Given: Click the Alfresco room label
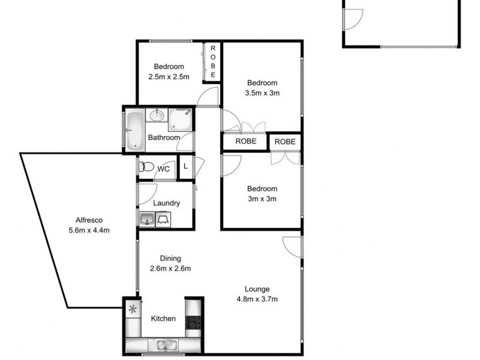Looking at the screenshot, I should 89,219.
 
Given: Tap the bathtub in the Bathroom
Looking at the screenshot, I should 134,130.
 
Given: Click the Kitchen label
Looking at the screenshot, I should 163,319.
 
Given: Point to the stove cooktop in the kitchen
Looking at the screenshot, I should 193,322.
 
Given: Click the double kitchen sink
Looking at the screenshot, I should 164,344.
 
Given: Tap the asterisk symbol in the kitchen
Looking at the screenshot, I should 132,310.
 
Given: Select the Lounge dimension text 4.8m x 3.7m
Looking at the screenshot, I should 257,299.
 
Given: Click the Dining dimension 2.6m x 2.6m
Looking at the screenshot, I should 170,268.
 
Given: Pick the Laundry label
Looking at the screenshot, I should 166,203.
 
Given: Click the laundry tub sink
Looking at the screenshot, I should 146,220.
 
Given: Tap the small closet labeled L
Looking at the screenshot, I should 185,167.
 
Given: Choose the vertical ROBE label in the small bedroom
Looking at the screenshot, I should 212,61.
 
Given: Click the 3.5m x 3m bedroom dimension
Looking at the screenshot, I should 262,93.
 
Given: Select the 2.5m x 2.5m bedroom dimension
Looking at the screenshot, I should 169,77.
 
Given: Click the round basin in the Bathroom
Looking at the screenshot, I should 158,115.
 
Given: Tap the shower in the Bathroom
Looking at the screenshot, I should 180,119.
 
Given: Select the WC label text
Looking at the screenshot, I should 163,169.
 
